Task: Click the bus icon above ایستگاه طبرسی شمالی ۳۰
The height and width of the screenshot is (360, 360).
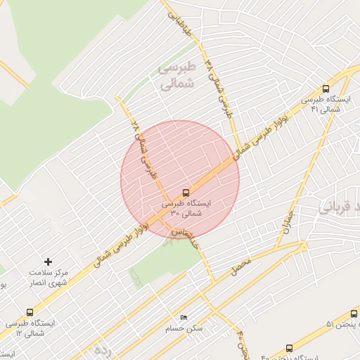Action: tap(186, 192)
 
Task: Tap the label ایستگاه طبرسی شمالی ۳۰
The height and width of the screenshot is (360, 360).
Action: tap(186, 207)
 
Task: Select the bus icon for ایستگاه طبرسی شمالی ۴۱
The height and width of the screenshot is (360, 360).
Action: tap(325, 89)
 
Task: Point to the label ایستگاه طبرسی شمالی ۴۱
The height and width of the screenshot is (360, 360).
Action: tap(324, 105)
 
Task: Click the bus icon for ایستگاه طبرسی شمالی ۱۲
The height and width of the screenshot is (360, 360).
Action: tap(30, 312)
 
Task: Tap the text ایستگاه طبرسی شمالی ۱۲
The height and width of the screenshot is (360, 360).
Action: tap(30, 328)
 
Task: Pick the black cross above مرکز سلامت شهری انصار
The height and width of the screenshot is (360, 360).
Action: tap(49, 262)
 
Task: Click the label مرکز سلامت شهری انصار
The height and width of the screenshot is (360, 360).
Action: tap(48, 276)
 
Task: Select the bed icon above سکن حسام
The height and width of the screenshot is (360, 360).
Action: tap(184, 318)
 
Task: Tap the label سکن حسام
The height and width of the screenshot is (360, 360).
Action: tap(185, 328)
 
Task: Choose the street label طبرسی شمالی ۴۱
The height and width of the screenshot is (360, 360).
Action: tap(220, 86)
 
